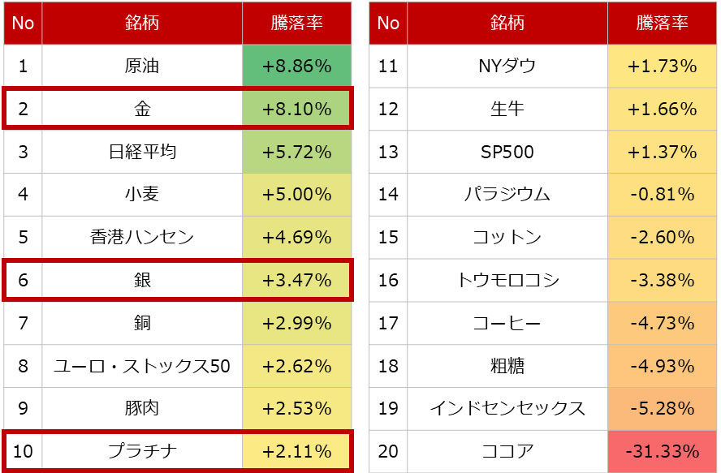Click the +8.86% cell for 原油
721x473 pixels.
coord(297,67)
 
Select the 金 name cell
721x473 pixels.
coord(143,110)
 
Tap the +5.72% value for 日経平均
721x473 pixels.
coord(297,153)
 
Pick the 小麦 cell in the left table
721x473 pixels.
coord(143,196)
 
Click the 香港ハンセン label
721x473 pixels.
coord(143,238)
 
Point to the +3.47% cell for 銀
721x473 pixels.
coord(297,281)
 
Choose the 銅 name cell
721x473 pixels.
coord(143,324)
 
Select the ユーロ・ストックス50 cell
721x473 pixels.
coord(143,367)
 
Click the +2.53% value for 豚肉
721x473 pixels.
coord(297,409)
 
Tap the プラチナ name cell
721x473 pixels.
coord(143,452)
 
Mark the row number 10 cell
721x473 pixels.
coord(24,452)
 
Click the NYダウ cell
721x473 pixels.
coord(507,67)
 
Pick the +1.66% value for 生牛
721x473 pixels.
coord(663,110)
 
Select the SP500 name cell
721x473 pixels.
coord(507,153)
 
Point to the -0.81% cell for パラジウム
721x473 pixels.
coord(663,196)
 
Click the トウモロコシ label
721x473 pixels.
coord(507,281)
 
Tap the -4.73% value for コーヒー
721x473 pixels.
coord(663,324)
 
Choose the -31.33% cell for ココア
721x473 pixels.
coord(663,452)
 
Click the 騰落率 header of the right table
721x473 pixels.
coord(663,24)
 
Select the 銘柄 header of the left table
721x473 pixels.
coord(143,24)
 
